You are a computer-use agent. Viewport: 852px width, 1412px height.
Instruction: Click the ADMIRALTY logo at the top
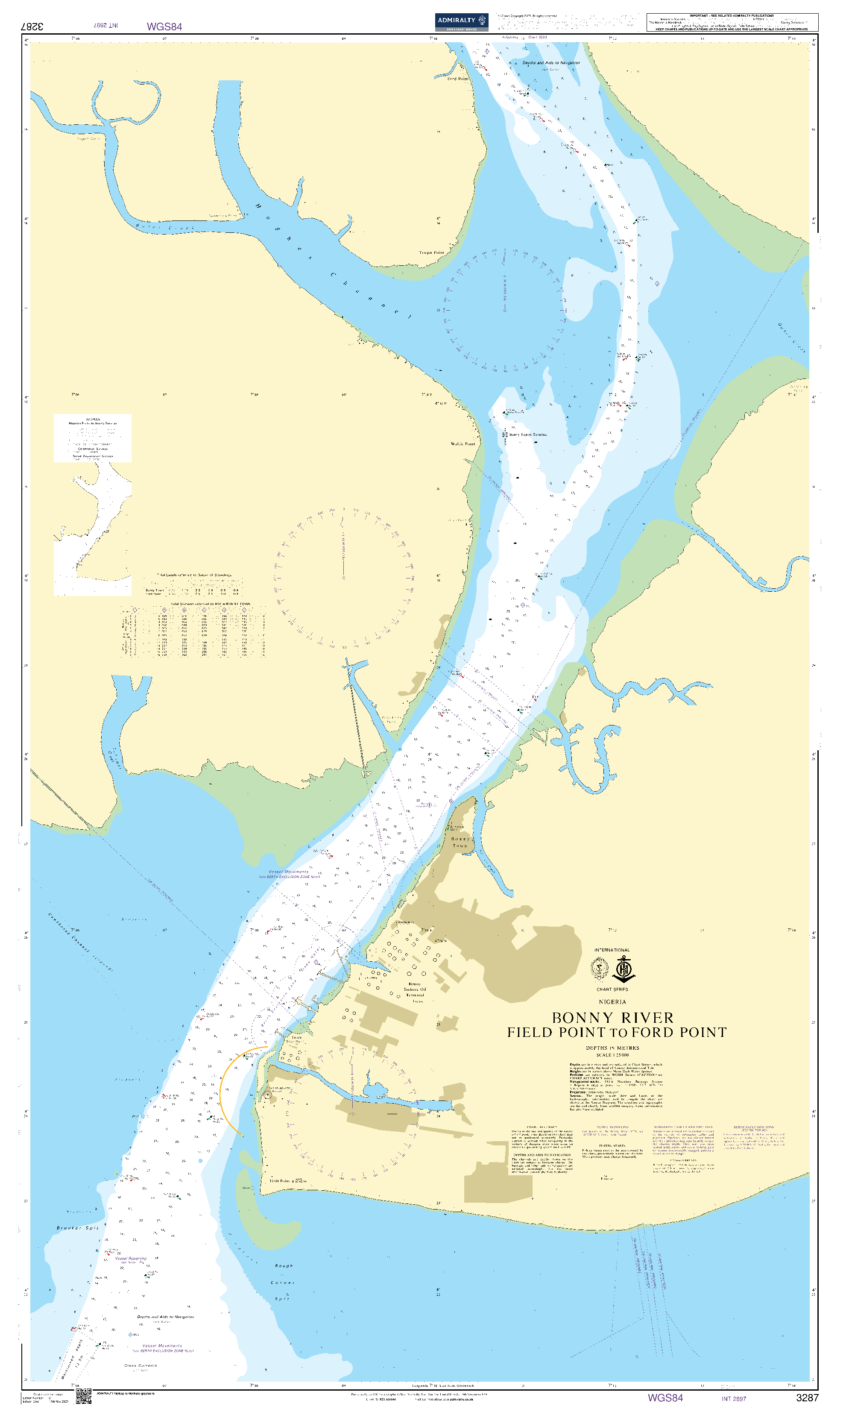coord(461,21)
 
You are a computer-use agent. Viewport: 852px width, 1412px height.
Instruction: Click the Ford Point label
coord(458,79)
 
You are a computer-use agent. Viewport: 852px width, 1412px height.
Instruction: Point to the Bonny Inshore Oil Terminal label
coord(415,989)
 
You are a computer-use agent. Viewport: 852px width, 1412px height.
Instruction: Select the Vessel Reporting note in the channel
coord(131,1270)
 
